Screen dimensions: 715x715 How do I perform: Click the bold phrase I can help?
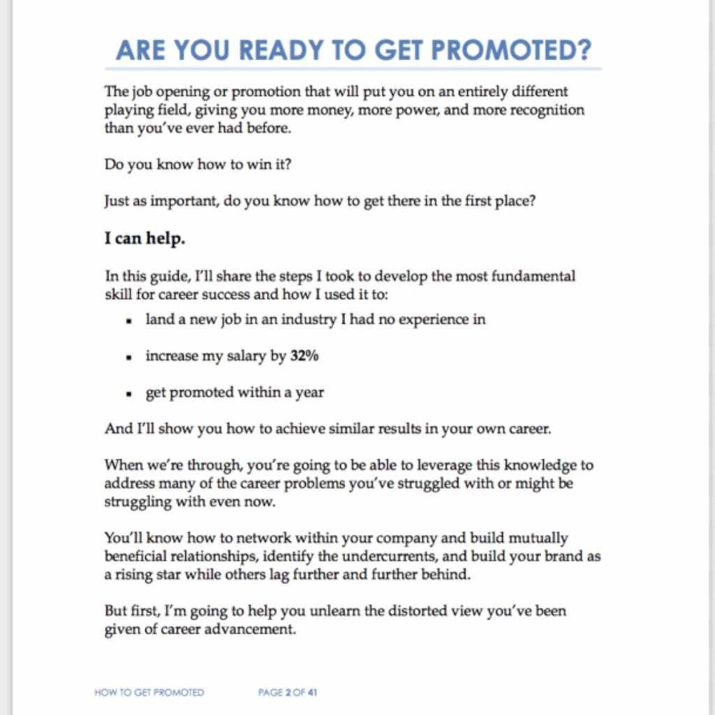[145, 238]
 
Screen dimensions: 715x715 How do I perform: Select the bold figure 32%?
[304, 356]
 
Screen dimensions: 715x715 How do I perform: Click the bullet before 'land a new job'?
[129, 320]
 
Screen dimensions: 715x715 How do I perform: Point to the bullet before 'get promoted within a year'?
[129, 394]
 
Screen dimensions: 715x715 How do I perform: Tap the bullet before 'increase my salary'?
[129, 357]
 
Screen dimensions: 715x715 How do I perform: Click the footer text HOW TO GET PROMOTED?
[149, 693]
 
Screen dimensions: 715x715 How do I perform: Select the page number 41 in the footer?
[312, 693]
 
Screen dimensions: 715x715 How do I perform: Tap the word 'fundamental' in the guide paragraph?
[536, 276]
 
